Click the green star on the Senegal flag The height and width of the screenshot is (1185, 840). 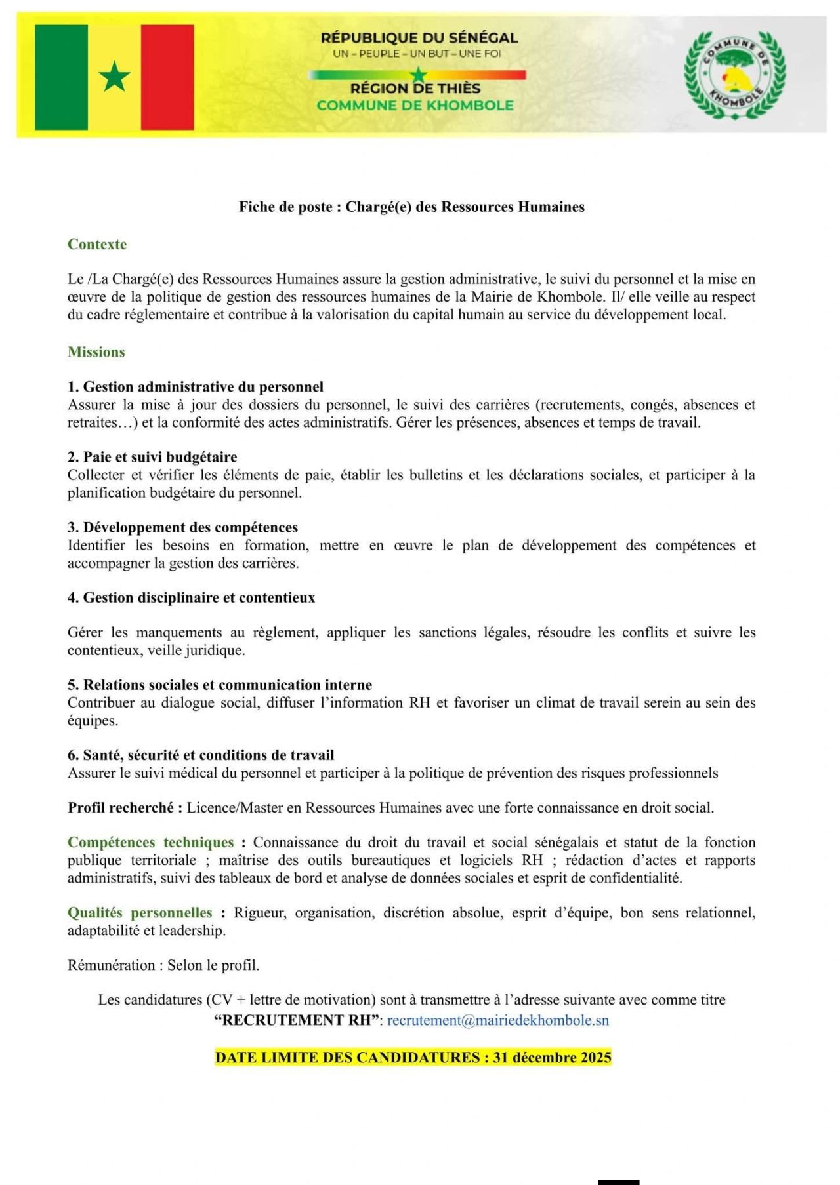115,77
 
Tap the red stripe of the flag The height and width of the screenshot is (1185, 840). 167,77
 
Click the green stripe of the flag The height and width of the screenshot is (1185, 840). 61,77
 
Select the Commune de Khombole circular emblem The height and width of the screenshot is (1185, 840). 734,74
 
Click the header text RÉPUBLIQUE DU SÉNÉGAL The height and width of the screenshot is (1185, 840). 419,38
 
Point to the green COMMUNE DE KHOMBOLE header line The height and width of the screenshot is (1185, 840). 415,106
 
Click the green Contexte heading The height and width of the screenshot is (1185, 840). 97,244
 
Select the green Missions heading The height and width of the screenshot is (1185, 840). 96,351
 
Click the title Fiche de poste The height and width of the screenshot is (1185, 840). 411,207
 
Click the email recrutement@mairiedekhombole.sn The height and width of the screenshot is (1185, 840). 498,1020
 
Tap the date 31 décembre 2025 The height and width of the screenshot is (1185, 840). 553,1057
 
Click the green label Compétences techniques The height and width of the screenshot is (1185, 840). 150,842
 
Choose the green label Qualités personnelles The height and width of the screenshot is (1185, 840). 140,912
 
